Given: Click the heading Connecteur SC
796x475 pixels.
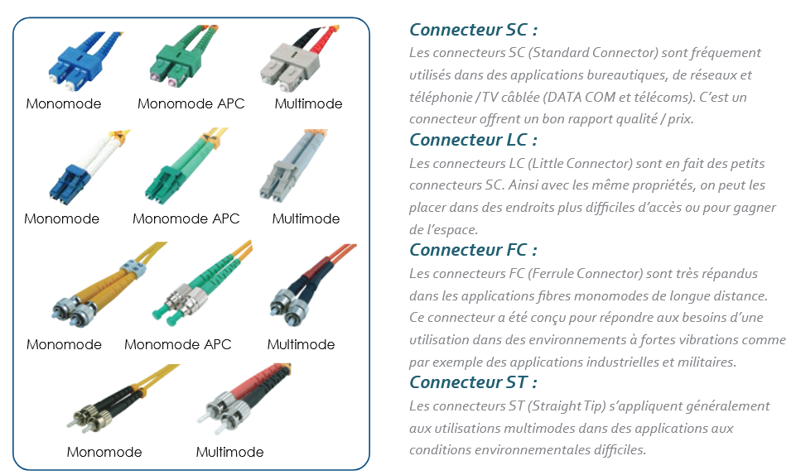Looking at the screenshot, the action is tap(473, 30).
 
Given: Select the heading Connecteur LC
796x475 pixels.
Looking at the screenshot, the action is tap(473, 139).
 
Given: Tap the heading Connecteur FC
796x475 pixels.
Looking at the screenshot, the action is tap(473, 249).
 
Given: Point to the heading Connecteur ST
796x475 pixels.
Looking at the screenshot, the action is tap(473, 381).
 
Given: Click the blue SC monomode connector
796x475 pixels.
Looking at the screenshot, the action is tap(80, 62).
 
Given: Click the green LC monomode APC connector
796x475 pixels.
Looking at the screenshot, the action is tap(184, 166).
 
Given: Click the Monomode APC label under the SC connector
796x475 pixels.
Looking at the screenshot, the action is tap(191, 104).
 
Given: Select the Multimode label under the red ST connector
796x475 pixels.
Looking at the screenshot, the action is tap(230, 452).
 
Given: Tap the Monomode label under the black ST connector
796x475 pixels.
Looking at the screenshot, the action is tap(104, 452).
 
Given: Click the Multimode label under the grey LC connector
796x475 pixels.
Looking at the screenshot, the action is tap(306, 219).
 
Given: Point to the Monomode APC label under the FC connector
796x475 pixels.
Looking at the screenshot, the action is tap(178, 345).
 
